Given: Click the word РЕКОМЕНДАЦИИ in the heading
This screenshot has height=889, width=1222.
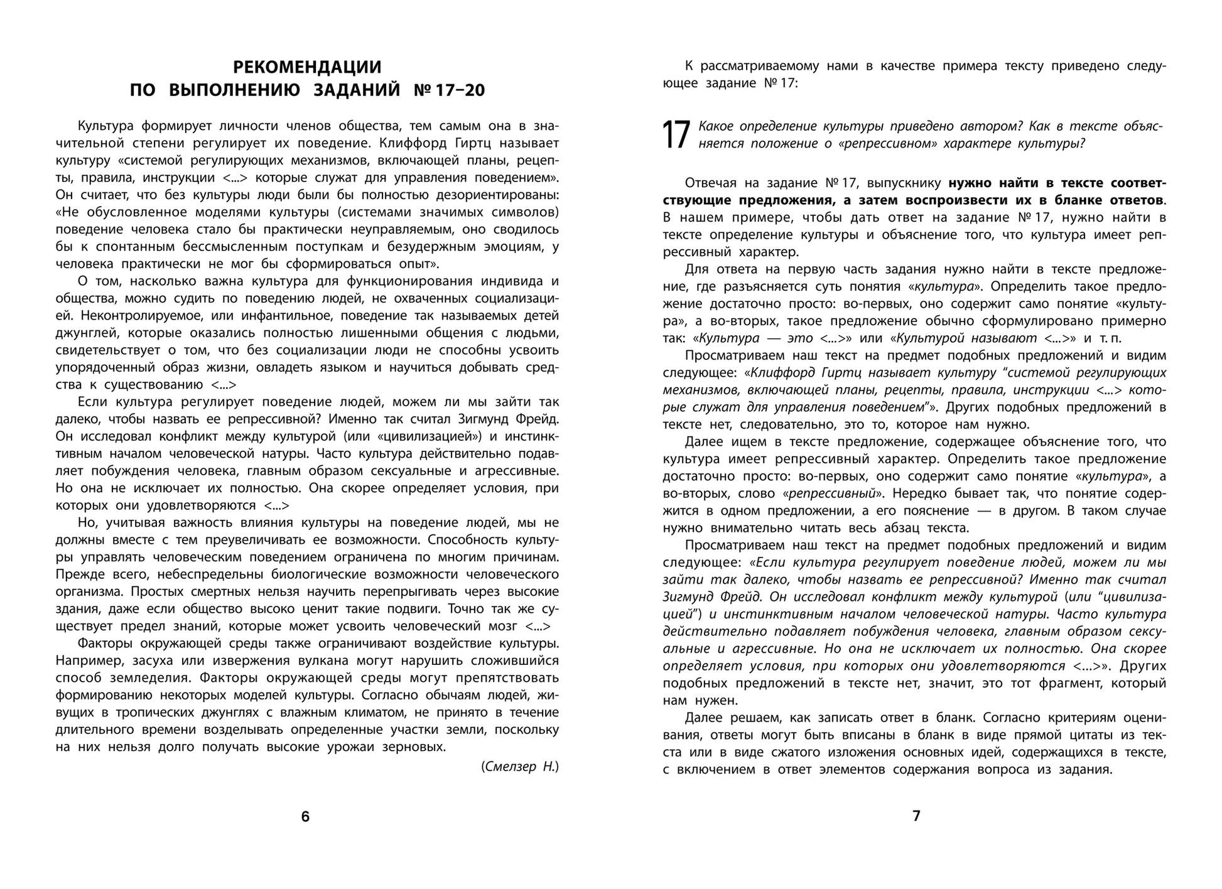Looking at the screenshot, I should [x=307, y=67].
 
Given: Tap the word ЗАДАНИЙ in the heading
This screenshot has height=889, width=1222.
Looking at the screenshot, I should [x=356, y=90].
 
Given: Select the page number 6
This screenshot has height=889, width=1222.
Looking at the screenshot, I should [x=305, y=817].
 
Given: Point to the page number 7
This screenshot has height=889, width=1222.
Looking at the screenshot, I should [x=916, y=816].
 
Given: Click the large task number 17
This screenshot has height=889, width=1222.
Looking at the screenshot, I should [x=676, y=135].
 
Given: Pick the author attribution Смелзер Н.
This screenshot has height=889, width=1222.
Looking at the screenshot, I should [x=520, y=767].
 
